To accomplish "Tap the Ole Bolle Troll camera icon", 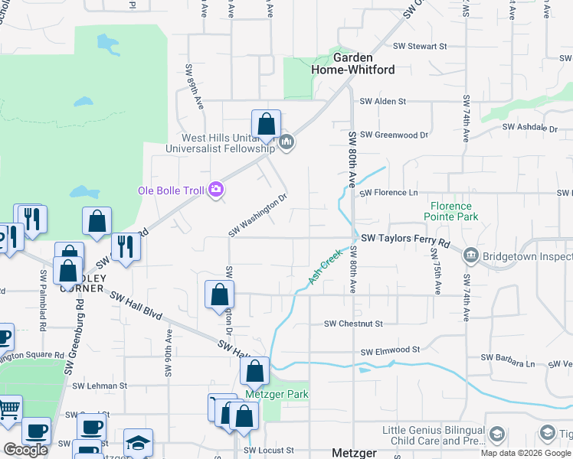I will click(x=217, y=189).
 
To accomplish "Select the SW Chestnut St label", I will click(x=352, y=324).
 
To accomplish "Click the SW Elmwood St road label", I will click(x=389, y=350).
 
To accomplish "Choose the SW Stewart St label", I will click(x=417, y=47).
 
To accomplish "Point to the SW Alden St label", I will click(x=382, y=101).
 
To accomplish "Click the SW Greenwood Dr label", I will click(x=394, y=135).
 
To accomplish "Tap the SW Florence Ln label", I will click(x=391, y=193).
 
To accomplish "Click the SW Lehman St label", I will click(x=95, y=386).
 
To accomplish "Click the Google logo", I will click(x=25, y=450).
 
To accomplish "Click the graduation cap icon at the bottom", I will click(x=138, y=443).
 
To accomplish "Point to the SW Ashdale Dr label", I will click(x=529, y=128).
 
